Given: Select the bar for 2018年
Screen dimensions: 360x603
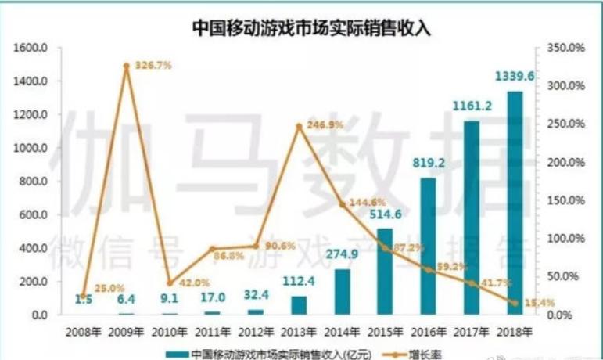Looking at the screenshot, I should [515, 203].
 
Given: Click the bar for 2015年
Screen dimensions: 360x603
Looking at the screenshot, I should [385, 272].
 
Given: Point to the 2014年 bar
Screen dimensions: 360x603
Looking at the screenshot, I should [342, 292].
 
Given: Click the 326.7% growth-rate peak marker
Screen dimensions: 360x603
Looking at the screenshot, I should [126, 66].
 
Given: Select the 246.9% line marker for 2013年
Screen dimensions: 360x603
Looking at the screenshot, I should [299, 125].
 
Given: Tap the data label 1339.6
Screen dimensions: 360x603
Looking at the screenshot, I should [515, 77].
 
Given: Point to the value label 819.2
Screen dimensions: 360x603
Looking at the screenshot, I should [428, 164].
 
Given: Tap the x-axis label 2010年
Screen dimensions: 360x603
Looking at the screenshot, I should [169, 331].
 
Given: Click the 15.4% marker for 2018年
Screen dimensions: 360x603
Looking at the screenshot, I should [515, 302].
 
